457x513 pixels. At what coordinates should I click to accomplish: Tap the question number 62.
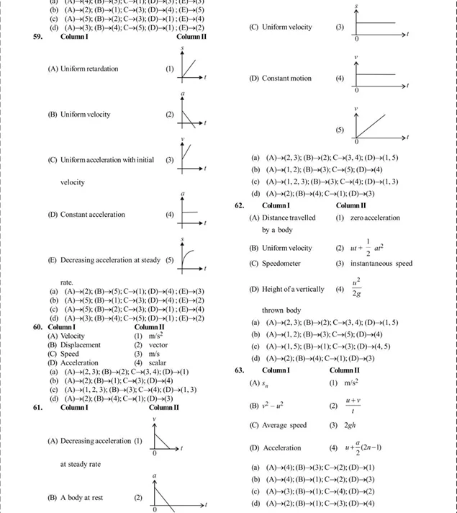[240, 205]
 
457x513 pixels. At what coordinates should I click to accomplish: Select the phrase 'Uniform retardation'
[94, 69]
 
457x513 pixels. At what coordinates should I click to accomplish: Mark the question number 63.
[240, 370]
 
